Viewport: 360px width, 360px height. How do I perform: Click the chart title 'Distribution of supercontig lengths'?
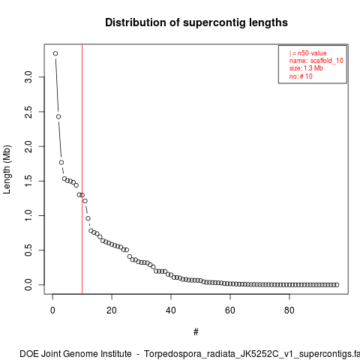196,22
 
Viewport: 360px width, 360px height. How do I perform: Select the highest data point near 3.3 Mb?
55,53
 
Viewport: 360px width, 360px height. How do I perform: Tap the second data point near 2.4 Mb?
58,117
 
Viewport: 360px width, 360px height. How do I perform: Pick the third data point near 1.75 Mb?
61,163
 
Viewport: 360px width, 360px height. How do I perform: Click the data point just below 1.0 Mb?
88,218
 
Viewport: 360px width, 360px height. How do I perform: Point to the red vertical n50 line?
82,169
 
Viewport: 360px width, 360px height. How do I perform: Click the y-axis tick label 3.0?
28,77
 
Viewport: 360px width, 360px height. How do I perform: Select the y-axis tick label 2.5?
28,112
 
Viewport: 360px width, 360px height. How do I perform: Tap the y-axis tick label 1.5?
28,181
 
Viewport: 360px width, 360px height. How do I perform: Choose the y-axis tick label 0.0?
28,285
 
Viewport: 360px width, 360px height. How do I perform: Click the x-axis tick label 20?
112,310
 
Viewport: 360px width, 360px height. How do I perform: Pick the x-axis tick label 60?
230,310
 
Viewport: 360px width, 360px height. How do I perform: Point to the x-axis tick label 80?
289,310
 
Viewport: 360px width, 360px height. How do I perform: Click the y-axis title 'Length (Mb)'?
7,169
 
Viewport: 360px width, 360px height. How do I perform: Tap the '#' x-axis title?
196,332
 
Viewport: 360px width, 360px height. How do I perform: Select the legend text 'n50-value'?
312,53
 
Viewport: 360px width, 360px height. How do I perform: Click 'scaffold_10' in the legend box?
327,61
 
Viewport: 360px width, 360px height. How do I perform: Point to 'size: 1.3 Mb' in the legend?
306,68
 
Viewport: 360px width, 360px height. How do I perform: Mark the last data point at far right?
337,285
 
